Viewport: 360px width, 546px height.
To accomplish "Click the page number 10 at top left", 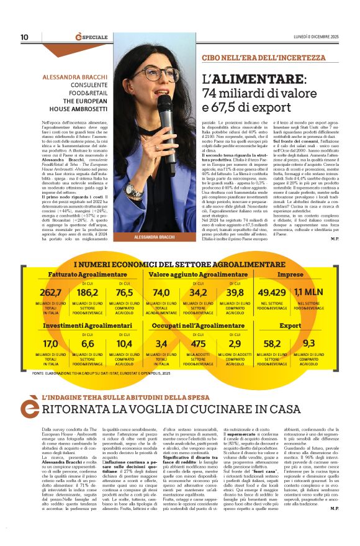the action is (24, 37).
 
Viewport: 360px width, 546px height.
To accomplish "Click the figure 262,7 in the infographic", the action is (50, 293).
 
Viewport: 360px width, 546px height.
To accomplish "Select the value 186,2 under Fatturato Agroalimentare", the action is (88, 293).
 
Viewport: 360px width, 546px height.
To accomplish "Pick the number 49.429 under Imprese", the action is (271, 293).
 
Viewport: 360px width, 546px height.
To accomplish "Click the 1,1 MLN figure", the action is (308, 293).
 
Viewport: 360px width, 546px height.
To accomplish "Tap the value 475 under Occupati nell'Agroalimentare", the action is (198, 344).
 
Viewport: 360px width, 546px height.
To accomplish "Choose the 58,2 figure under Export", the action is (271, 344).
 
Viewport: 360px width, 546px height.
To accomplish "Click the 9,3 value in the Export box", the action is (308, 344).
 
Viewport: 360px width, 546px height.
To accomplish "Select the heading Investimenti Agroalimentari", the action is (84, 325).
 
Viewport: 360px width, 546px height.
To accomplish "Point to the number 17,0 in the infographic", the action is (50, 344).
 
